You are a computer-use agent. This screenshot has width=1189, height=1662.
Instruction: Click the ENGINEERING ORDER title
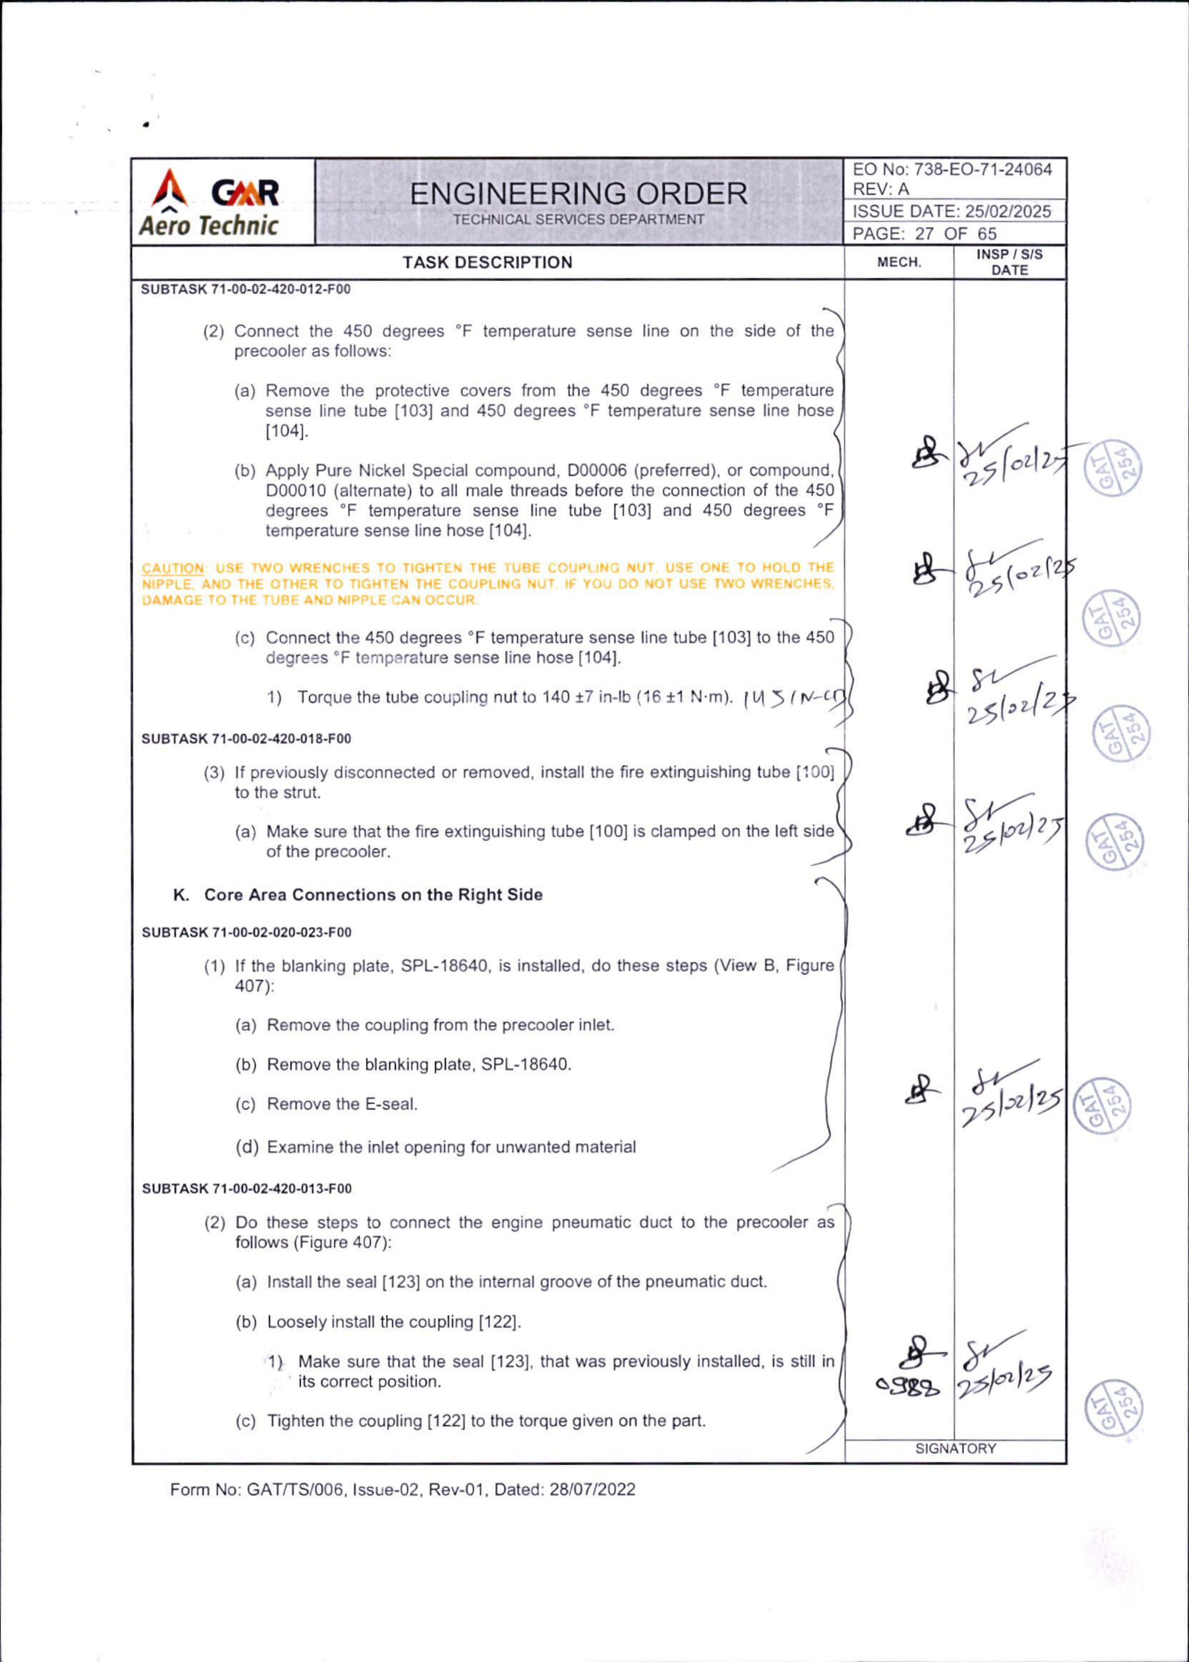(x=579, y=194)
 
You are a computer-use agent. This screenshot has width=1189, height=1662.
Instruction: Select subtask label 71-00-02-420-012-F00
(x=246, y=289)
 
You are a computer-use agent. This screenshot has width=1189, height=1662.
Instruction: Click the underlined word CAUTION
(x=163, y=568)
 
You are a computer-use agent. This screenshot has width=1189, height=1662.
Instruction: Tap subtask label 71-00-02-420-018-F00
(x=246, y=738)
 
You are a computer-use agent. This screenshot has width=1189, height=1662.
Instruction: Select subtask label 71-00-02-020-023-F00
(x=246, y=932)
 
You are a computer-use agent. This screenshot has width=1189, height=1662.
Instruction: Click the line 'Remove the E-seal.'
(x=342, y=1104)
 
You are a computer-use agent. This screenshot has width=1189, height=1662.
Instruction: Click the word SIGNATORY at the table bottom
(x=955, y=1448)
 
